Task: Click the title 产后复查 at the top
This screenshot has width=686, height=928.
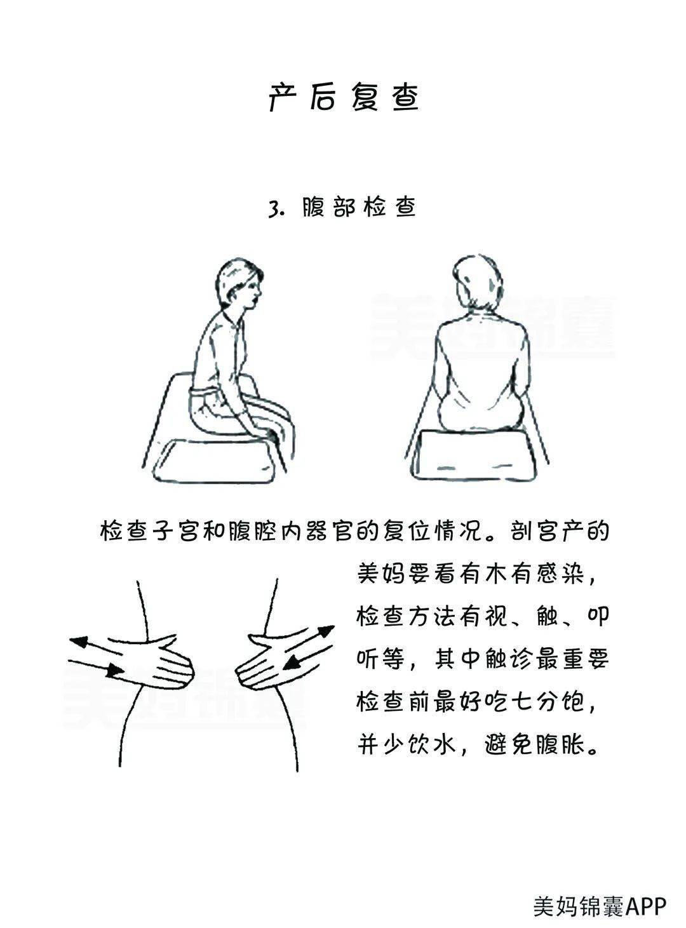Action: [x=343, y=97]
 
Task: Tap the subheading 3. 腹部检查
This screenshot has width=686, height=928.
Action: [x=342, y=207]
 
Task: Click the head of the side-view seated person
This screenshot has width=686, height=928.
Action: [x=239, y=284]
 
